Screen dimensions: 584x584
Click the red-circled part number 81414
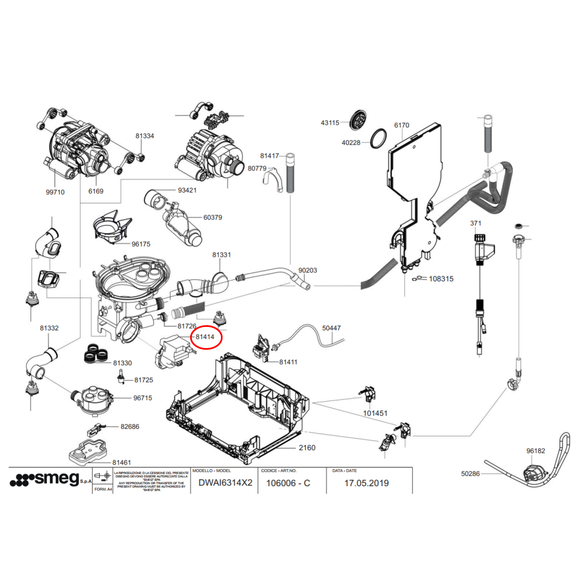[x=205, y=337]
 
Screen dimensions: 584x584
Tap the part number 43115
[x=330, y=123]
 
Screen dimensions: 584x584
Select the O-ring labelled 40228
[x=378, y=138]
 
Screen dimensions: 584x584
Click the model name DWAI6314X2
[x=225, y=483]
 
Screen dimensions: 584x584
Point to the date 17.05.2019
[x=366, y=483]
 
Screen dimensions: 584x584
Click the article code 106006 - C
[x=288, y=483]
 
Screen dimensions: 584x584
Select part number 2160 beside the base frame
[x=307, y=448]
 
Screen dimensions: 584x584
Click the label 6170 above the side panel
[x=401, y=125]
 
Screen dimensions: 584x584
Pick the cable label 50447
[x=331, y=328]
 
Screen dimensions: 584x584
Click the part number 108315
[x=441, y=279]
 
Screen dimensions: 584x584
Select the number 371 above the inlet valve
[x=476, y=223]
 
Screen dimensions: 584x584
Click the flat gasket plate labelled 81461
[x=88, y=452]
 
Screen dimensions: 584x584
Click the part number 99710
[x=55, y=192]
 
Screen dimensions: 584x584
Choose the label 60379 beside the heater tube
[x=212, y=217]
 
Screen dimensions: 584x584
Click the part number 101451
[x=375, y=413]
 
